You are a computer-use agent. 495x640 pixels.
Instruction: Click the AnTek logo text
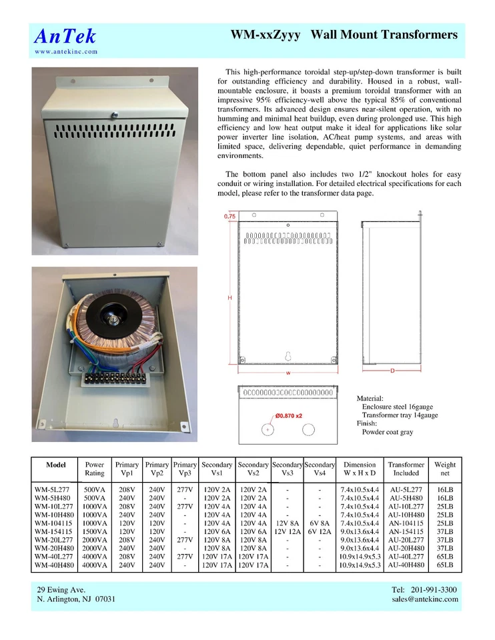point(65,36)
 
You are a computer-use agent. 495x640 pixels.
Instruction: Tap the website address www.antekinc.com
point(66,51)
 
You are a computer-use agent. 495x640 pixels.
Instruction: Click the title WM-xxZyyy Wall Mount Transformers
point(344,35)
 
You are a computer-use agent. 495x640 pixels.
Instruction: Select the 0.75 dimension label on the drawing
point(230,217)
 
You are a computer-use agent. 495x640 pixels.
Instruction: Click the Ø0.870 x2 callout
point(289,415)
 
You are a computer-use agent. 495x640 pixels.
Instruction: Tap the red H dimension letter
point(230,297)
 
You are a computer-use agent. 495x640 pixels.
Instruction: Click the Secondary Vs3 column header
point(287,469)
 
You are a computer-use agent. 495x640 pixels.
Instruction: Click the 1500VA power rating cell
point(95,531)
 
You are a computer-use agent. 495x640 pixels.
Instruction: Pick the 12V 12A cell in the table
point(287,531)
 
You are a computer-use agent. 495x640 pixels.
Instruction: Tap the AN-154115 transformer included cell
point(406,531)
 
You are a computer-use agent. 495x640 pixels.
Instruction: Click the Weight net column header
point(445,469)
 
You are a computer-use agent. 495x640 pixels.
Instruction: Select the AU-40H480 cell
point(406,565)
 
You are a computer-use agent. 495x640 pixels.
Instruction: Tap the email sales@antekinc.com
point(425,599)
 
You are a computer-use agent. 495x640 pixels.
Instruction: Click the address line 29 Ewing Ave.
point(61,589)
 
